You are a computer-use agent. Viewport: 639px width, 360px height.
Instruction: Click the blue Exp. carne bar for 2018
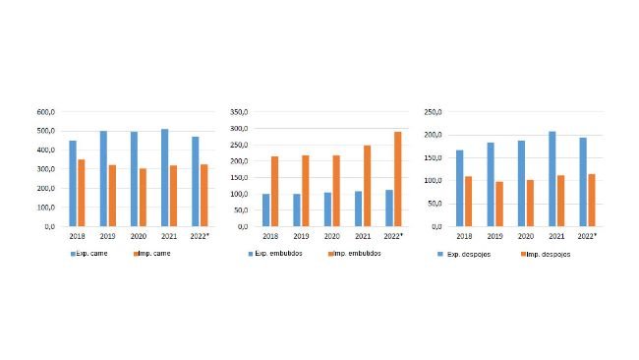[73, 183]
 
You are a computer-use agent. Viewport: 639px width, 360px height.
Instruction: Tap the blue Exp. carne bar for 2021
[164, 177]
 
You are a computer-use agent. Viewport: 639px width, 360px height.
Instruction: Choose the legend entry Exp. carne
[90, 254]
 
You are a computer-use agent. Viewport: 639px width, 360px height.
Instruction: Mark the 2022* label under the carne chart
[200, 236]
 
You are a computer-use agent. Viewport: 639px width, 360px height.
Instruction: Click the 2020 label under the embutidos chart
[333, 236]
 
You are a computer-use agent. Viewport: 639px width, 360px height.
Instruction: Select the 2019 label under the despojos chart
[494, 236]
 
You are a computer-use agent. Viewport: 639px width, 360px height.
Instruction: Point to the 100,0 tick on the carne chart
[45, 208]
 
